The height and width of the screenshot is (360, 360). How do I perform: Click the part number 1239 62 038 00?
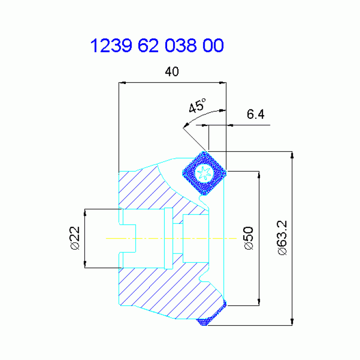157,45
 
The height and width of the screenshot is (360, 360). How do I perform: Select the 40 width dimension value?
172,71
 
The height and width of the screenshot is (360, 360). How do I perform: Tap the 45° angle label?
197,106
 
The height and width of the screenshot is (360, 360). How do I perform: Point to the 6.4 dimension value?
255,114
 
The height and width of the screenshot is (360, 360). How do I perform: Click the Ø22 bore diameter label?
75,238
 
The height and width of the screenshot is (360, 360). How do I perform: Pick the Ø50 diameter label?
248,238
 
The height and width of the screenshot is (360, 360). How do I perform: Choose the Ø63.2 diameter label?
282,237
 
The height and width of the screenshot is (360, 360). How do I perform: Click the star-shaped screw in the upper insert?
204,173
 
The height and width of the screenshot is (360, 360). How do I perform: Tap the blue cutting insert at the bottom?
211,313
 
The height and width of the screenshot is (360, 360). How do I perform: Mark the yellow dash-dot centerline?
171,238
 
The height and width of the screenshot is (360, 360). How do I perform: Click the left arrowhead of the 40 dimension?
123,83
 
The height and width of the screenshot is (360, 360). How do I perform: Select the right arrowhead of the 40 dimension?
222,83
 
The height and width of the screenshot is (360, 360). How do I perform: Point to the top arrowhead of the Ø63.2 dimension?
292,155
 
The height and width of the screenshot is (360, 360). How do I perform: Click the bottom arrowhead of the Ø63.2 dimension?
292,322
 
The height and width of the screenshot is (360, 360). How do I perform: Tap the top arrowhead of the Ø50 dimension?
259,175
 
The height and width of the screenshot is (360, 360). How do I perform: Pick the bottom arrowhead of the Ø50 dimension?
259,302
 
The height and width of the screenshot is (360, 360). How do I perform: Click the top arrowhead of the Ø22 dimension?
85,213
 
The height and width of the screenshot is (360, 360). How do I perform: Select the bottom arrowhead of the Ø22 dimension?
85,264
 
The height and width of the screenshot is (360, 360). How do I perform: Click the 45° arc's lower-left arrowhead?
186,125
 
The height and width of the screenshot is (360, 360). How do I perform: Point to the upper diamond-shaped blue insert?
204,173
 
